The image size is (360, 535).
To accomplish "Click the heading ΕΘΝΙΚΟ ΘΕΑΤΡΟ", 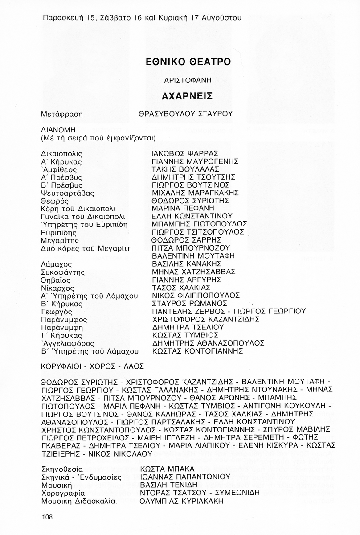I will click(188, 62).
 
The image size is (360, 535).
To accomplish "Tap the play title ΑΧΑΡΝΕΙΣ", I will click(187, 96).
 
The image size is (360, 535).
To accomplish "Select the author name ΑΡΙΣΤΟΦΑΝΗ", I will click(187, 80).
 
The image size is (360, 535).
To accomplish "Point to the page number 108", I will click(46, 517).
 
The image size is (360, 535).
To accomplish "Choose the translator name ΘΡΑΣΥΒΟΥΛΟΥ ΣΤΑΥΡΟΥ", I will click(186, 114).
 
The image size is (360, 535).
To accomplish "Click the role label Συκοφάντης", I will click(62, 272).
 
